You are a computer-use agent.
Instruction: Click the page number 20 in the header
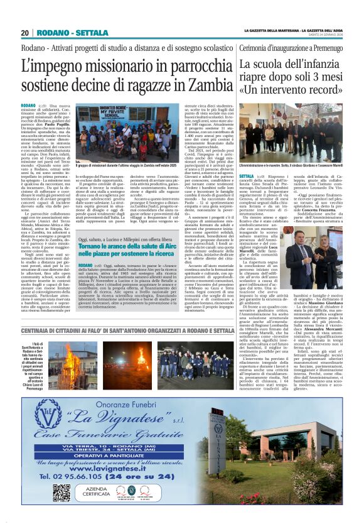pyautogui.click(x=25, y=33)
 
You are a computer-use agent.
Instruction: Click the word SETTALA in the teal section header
pyautogui.click(x=92, y=33)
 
